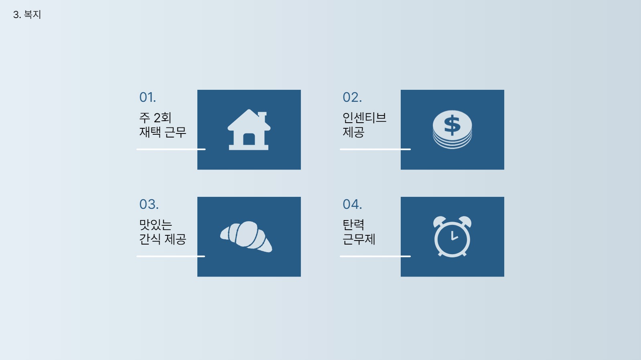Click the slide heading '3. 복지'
(x=27, y=15)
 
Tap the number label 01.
(x=147, y=97)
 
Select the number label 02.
(x=352, y=97)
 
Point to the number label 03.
(x=148, y=204)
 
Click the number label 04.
(x=352, y=204)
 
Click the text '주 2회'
(x=155, y=118)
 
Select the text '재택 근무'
(x=162, y=132)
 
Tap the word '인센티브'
(x=364, y=118)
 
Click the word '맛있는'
(x=155, y=225)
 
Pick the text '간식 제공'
(x=162, y=239)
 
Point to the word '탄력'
(x=353, y=225)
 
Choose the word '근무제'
(x=359, y=239)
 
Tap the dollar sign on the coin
(x=452, y=125)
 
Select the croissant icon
(x=246, y=236)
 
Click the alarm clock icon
(x=452, y=237)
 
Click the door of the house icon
(x=249, y=139)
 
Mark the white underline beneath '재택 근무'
(x=171, y=149)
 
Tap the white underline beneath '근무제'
(x=375, y=256)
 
